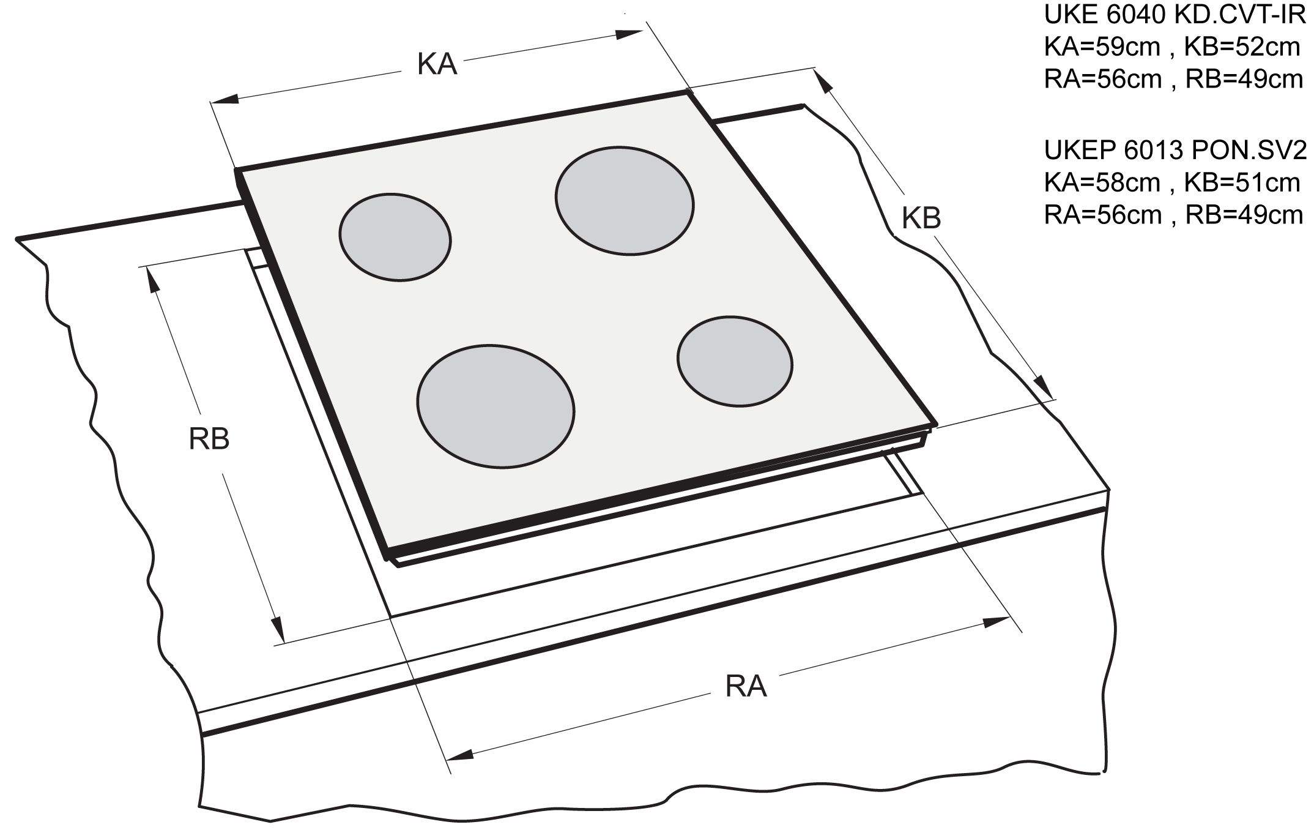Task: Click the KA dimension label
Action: click(437, 64)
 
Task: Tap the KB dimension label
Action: click(921, 218)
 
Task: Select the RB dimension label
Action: click(209, 439)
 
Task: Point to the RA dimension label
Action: click(745, 686)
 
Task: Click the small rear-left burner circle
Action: click(395, 237)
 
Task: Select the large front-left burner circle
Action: click(496, 406)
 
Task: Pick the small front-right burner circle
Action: click(735, 361)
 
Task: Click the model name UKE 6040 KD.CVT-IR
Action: click(1175, 15)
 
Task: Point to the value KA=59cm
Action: click(1101, 47)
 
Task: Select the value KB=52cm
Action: click(1242, 47)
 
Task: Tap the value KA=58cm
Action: click(1101, 182)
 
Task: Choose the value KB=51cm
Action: click(1242, 182)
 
